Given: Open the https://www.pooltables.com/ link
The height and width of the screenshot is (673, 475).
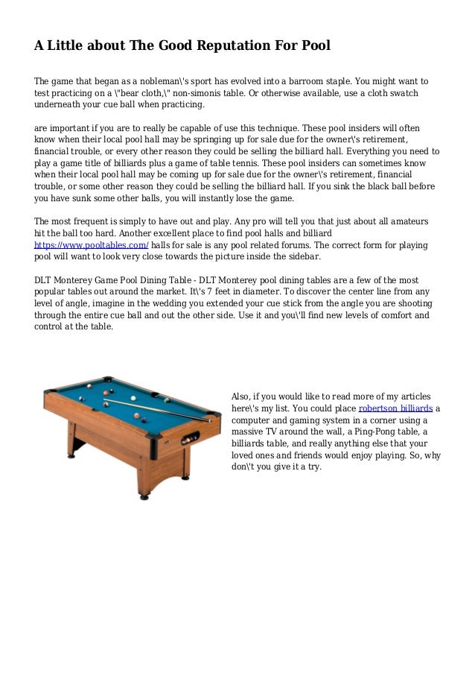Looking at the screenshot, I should click(x=92, y=244).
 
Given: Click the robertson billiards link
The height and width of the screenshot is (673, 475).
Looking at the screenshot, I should click(x=395, y=408).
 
